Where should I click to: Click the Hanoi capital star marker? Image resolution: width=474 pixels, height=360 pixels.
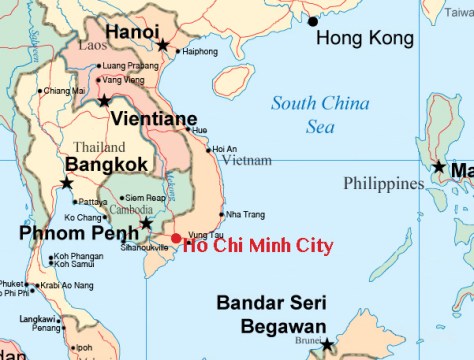pyautogui.click(x=163, y=45)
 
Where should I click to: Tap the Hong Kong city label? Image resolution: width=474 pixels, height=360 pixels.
pyautogui.click(x=364, y=39)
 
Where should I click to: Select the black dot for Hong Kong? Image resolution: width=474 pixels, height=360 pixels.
pyautogui.click(x=313, y=21)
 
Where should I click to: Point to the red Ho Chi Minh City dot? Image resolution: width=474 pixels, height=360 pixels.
pyautogui.click(x=176, y=238)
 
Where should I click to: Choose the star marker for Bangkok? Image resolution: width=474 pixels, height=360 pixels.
pyautogui.click(x=66, y=183)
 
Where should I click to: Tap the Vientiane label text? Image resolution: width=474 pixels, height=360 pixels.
pyautogui.click(x=153, y=119)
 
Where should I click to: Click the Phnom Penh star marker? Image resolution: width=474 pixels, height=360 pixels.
pyautogui.click(x=146, y=222)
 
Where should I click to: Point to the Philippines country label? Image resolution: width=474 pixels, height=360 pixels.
pyautogui.click(x=383, y=183)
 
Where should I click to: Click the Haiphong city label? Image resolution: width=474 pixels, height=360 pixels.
pyautogui.click(x=200, y=51)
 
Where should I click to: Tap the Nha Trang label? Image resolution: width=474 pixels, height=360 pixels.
pyautogui.click(x=246, y=214)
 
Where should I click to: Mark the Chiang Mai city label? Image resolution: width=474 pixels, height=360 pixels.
pyautogui.click(x=65, y=91)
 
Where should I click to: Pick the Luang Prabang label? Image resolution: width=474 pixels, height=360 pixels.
pyautogui.click(x=130, y=66)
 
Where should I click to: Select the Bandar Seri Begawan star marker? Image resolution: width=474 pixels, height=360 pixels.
pyautogui.click(x=326, y=345)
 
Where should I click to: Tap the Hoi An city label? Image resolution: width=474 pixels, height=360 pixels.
pyautogui.click(x=225, y=149)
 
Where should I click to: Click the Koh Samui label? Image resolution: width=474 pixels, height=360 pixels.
pyautogui.click(x=74, y=264)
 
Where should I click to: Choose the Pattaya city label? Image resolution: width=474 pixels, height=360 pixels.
pyautogui.click(x=93, y=202)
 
